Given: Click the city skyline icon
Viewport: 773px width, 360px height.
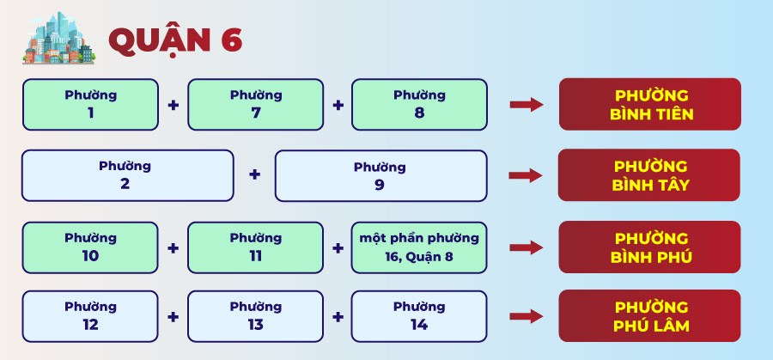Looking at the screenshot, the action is click(58, 38).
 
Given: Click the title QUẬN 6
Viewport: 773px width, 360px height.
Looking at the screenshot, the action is click(175, 40).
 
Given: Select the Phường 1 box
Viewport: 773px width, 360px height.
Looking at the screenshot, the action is click(91, 105).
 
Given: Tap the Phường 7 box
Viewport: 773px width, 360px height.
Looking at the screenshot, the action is click(255, 105).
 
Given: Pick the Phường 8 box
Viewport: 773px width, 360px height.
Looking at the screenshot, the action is click(419, 105).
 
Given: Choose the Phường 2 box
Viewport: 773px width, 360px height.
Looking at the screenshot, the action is click(128, 175).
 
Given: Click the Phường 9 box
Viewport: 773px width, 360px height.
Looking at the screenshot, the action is click(381, 175).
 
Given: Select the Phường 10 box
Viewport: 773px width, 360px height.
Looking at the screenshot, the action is click(91, 247).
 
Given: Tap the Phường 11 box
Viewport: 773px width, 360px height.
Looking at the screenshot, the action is click(255, 247).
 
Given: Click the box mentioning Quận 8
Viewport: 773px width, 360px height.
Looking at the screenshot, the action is click(419, 247).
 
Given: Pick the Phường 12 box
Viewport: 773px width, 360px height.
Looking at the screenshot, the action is click(91, 316).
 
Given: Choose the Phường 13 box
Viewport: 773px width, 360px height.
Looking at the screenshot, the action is click(255, 316).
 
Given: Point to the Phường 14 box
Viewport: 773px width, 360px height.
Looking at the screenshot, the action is click(419, 316).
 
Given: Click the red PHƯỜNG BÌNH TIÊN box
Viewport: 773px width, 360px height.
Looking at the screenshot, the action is click(650, 104).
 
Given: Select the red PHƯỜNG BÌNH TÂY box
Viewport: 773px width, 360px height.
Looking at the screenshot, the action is click(649, 175).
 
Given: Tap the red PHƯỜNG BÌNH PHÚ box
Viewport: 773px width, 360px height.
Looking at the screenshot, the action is click(650, 247).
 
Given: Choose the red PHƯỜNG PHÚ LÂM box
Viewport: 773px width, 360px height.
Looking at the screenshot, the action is click(650, 315).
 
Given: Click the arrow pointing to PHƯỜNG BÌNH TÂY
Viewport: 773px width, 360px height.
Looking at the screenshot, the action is click(526, 175).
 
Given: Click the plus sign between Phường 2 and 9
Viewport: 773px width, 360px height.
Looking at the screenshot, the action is click(254, 174).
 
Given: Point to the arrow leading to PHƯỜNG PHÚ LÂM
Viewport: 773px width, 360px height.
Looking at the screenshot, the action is click(526, 316).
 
